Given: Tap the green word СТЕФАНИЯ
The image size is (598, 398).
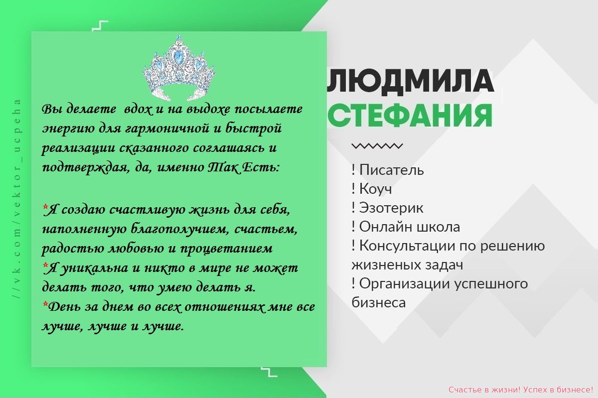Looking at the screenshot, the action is pos(410,116).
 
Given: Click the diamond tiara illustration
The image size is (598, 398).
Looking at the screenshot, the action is pos(179,68).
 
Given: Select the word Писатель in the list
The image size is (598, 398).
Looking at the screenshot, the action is pos(391,170).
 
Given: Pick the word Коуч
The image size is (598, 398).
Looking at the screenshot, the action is pos(376,189).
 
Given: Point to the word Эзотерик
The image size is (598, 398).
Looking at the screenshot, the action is pos(391,208).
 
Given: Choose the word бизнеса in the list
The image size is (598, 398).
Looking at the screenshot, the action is pos(379,303).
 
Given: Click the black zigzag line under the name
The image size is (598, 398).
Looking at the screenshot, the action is pos(377,146).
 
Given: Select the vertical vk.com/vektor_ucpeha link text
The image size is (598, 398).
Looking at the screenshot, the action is pos(17,199).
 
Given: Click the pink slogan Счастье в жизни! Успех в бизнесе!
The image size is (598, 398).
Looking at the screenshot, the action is pos(521,390).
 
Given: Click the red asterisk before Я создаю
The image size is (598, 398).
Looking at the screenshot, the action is pos(45,207).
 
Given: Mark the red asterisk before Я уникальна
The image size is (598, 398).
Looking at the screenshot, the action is pos(45,265).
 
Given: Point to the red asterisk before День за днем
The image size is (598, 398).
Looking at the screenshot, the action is pos(45,304).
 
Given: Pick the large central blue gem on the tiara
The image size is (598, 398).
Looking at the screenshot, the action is pos(177,57).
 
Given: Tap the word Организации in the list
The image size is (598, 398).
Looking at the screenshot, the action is pos(405,284).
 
